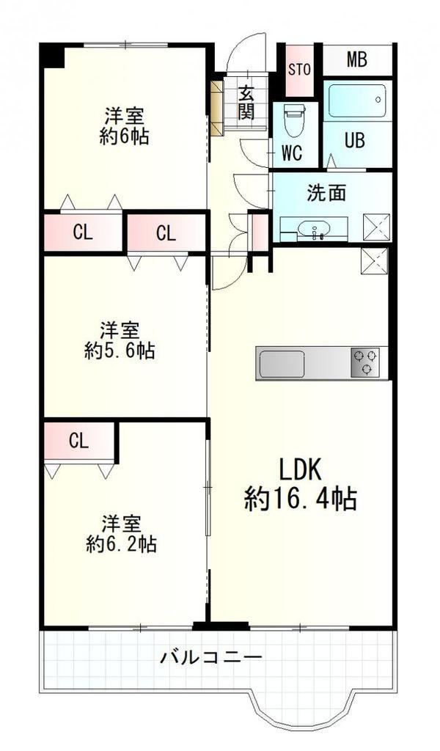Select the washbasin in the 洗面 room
(314, 229)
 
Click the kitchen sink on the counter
(282, 364)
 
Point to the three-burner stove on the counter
(365, 362)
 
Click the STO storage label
(300, 70)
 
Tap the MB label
(356, 60)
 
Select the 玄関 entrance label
(246, 102)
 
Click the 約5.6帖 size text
(120, 351)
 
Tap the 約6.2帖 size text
(121, 544)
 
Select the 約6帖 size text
(124, 137)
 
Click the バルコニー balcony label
(211, 656)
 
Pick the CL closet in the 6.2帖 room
(79, 441)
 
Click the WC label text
(292, 153)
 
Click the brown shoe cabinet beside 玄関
(217, 108)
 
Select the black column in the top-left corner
(52, 56)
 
